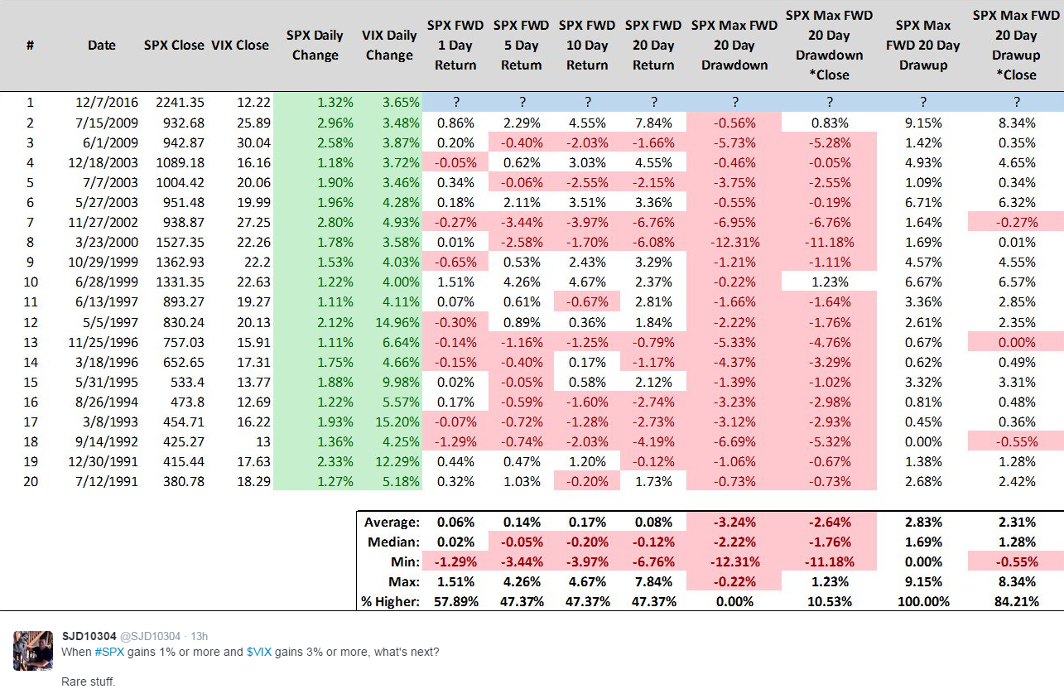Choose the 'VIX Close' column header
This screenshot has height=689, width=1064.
240,46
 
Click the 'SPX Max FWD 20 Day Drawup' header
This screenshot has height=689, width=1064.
923,46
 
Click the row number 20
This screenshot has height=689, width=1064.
31,481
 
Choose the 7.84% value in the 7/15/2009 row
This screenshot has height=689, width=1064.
653,123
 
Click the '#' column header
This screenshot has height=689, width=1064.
30,46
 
